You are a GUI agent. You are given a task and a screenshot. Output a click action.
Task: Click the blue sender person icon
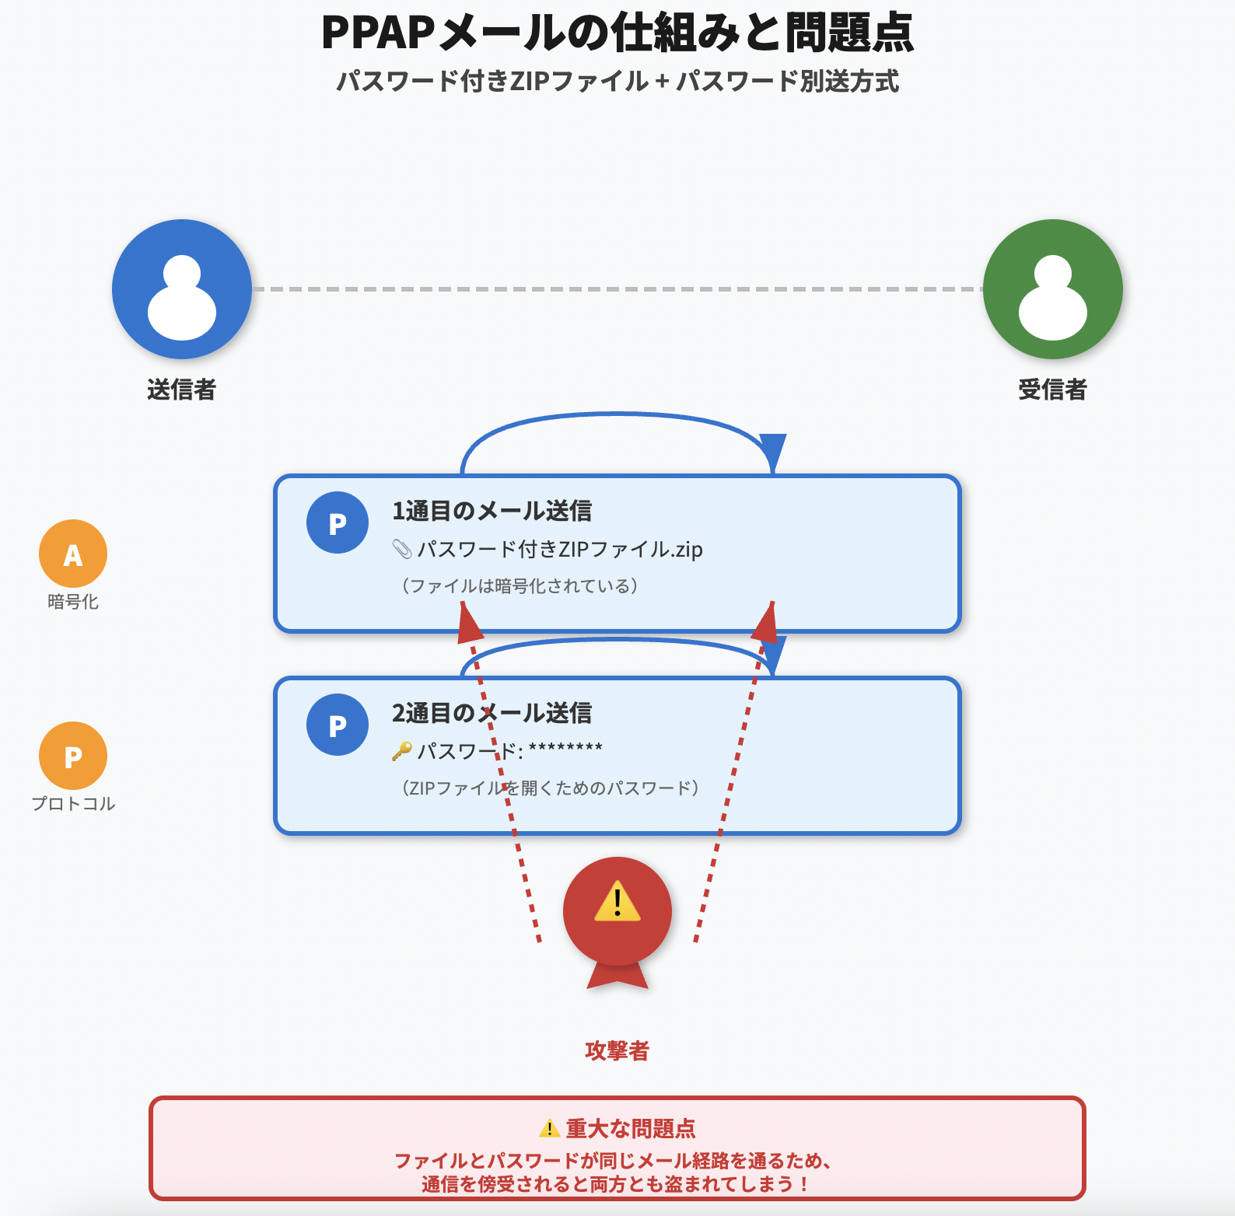coord(182,289)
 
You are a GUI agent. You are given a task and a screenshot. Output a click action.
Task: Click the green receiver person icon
coord(1052,289)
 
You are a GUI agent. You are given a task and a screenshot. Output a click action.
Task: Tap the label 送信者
coord(181,390)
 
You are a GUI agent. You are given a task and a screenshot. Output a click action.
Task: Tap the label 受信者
coord(1052,390)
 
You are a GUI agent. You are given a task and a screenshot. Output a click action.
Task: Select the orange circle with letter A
coord(73,554)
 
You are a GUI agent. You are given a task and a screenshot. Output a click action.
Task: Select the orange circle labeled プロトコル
coord(73,756)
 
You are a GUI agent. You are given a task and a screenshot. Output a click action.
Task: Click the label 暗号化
coord(73,602)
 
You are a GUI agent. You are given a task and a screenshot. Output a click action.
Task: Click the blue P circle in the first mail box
coord(338,522)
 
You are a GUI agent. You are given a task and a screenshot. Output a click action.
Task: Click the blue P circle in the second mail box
coord(338,725)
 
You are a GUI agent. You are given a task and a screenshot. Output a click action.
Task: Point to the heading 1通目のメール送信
coord(492,511)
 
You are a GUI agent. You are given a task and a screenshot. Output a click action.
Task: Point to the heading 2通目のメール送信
coord(492,713)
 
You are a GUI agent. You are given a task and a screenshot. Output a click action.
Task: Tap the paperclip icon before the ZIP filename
coord(401,550)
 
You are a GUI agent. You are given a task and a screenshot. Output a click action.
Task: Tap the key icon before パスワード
coord(401,751)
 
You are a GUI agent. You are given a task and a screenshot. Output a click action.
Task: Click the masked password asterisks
coord(565,749)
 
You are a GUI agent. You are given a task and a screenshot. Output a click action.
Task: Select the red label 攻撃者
coord(617,1050)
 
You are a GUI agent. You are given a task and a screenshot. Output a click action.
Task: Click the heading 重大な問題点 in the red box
coord(630,1128)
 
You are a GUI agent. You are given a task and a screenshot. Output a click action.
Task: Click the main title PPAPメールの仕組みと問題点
coord(617,33)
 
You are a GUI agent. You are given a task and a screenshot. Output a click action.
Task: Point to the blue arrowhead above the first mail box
coord(772,451)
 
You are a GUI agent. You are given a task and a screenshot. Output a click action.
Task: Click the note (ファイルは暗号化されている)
coord(520,585)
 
